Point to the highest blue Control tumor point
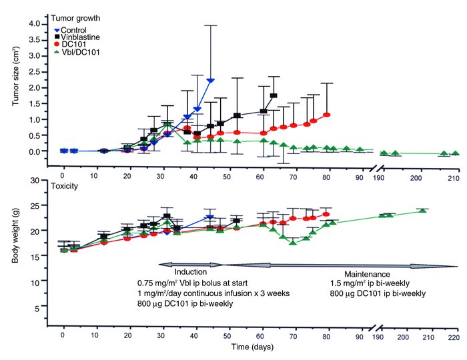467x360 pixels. pos(211,81)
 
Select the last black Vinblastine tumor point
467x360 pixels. pos(274,96)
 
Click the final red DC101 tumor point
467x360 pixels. pos(327,115)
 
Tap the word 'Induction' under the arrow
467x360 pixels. pos(191,272)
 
